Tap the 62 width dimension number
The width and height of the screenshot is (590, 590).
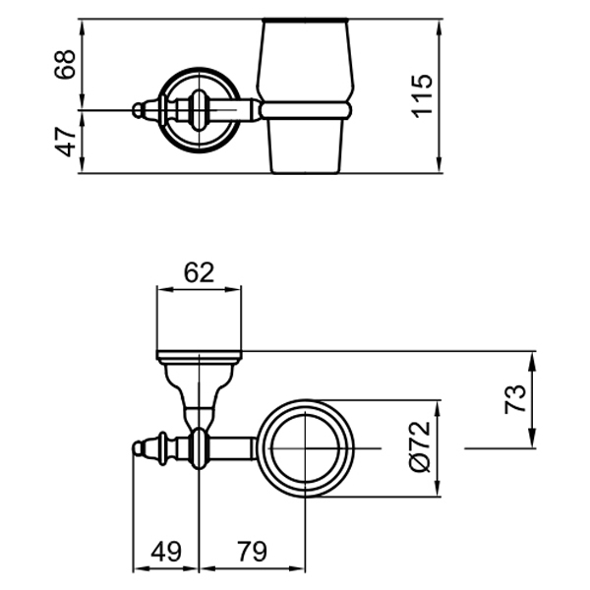click(x=199, y=272)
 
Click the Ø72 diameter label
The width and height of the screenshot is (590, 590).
click(x=420, y=448)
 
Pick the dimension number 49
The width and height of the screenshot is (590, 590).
click(x=165, y=552)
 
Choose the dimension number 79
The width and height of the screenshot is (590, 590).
click(x=252, y=552)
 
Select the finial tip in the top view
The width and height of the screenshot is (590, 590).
click(x=137, y=448)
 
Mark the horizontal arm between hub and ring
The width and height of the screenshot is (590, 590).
click(x=234, y=448)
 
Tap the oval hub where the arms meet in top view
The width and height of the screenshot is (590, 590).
click(x=200, y=448)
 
